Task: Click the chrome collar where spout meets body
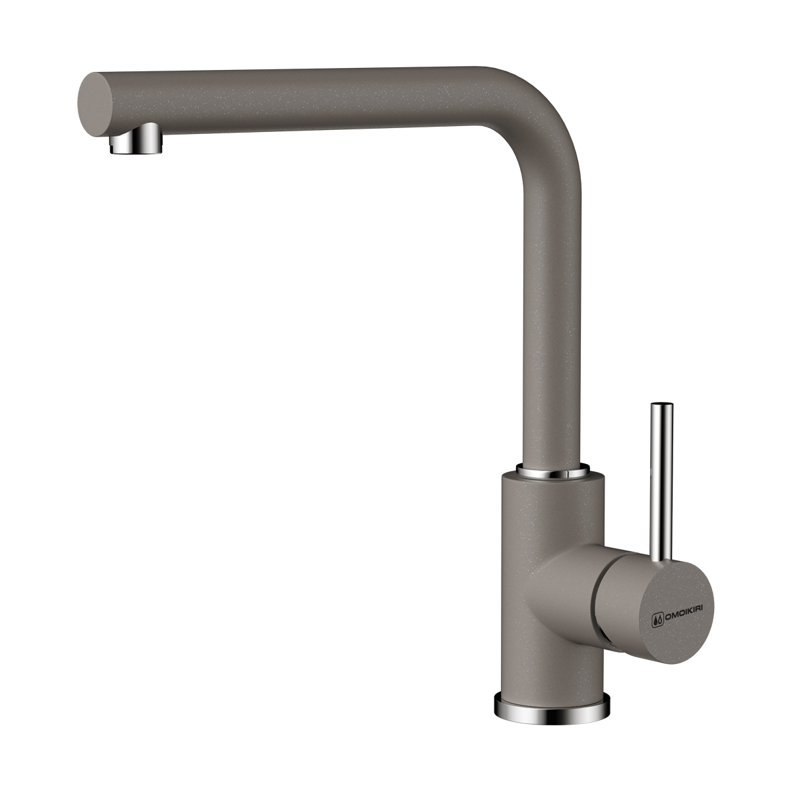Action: [x=553, y=471]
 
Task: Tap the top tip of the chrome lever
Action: [x=661, y=405]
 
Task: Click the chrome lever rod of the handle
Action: [x=661, y=481]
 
